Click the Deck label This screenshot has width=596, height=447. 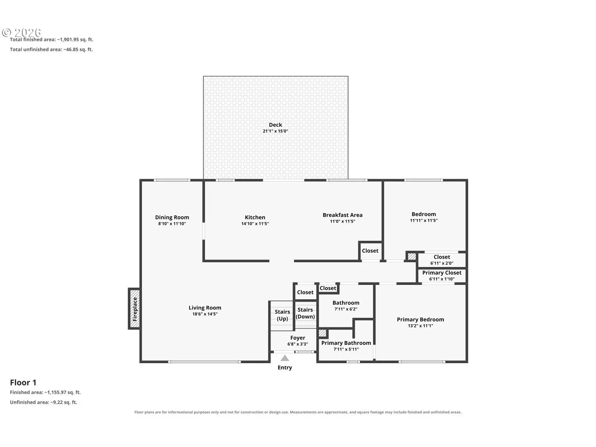pos(275,125)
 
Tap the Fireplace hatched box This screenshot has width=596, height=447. pos(134,309)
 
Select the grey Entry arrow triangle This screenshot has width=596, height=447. pos(284,358)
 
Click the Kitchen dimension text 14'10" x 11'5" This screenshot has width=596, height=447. pos(255,224)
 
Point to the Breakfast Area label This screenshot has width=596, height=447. pos(343,215)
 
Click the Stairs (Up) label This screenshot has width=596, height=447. pos(283,315)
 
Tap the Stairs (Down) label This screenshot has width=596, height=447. pos(305,313)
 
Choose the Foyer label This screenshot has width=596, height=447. pos(298,338)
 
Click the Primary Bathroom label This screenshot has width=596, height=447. pos(346,343)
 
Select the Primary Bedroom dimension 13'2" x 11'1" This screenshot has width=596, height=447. pos(420,326)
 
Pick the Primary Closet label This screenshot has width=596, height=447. pos(442,273)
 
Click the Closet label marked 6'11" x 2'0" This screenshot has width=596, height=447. pos(442,257)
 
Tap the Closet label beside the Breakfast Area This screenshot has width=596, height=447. pos(370,251)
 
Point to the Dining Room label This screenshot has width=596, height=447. pos(172,217)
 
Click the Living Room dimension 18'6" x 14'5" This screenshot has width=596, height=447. pos(205,314)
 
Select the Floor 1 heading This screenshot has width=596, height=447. pos(23,382)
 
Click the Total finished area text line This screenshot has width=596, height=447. pos(52,40)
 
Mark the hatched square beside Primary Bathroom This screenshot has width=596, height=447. pos(322,333)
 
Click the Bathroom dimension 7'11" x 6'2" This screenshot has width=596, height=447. pos(346,309)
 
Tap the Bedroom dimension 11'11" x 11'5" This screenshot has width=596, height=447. pos(424,221)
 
